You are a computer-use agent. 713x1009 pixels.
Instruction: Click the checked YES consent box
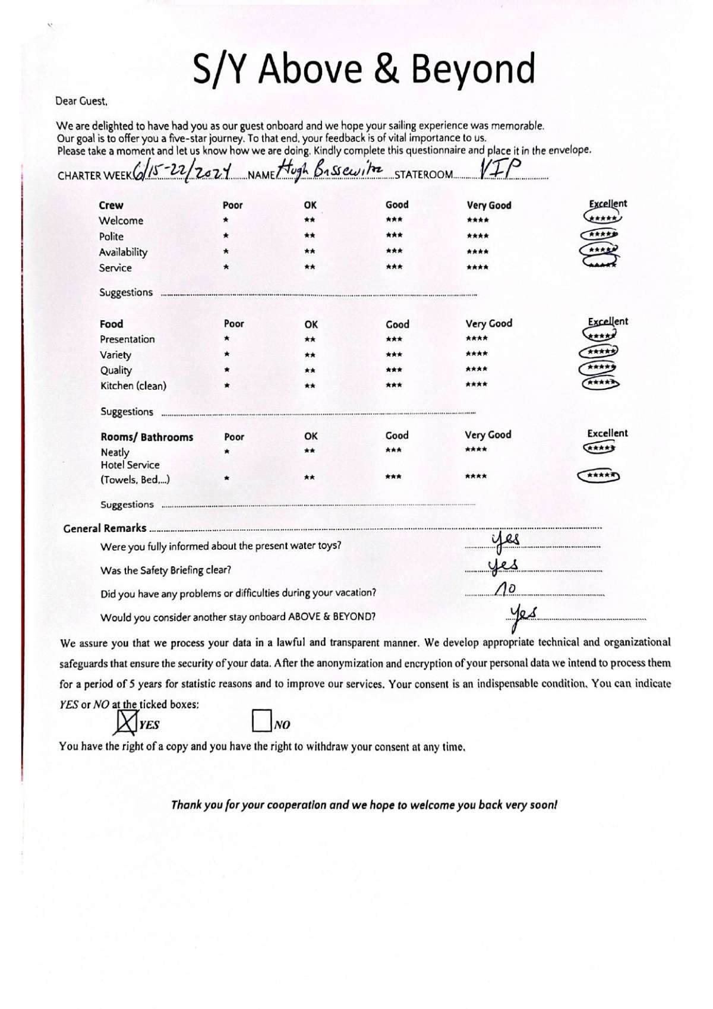click(125, 721)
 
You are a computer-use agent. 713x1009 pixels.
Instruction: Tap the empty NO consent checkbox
click(261, 721)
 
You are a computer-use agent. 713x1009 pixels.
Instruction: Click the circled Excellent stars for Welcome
click(602, 219)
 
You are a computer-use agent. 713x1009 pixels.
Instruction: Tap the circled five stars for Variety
click(599, 352)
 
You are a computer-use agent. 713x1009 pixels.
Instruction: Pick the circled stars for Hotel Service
click(599, 476)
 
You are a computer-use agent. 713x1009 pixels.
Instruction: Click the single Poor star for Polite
click(226, 236)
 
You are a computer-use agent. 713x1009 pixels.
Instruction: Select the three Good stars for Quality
click(394, 370)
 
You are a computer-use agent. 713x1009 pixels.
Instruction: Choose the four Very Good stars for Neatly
click(476, 450)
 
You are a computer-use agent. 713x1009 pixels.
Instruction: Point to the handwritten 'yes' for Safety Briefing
click(503, 565)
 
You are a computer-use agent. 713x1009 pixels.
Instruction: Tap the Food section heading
click(111, 324)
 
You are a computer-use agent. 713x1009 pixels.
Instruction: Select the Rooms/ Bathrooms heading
click(147, 437)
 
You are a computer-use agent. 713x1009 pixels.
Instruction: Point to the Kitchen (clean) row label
click(133, 386)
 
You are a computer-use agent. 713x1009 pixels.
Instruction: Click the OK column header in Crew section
click(310, 205)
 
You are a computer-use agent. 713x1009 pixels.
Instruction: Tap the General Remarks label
click(105, 528)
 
